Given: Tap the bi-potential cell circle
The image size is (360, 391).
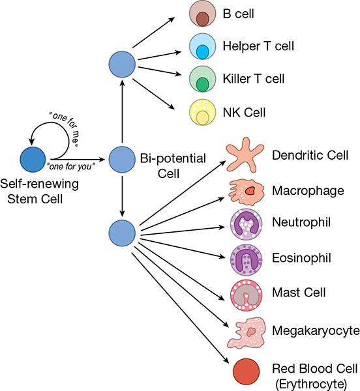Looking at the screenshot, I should [122, 159].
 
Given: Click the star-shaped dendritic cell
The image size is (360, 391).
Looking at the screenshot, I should [248, 155].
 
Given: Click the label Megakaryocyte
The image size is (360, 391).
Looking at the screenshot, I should [316, 331].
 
